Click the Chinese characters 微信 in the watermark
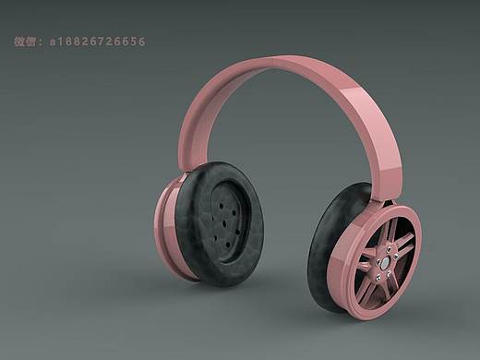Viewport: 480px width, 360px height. (25, 42)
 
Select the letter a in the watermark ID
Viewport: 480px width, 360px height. (53, 42)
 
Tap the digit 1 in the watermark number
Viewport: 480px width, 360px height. (60, 42)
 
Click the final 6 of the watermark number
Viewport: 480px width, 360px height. (142, 42)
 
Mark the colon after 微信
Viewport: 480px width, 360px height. (42, 42)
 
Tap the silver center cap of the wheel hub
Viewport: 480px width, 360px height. (385, 262)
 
